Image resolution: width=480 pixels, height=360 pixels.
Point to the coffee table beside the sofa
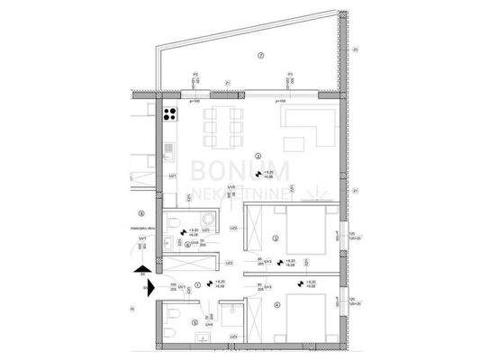tap(295, 140)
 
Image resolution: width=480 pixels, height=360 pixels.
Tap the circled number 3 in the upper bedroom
tap(277, 238)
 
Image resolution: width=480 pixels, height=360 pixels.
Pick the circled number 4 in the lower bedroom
tap(277, 303)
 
